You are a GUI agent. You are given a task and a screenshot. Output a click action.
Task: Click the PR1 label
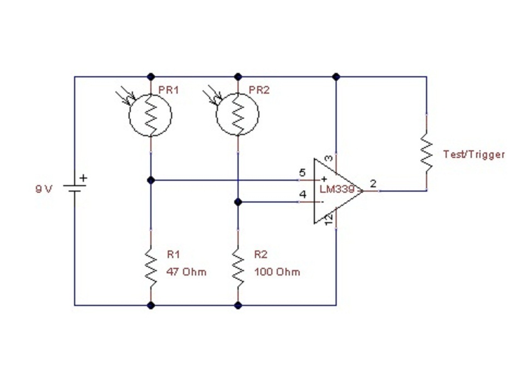(168, 90)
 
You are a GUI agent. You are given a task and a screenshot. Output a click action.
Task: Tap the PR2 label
(259, 90)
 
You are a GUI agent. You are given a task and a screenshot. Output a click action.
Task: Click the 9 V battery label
(44, 189)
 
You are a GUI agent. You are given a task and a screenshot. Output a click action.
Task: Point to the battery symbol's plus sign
(83, 178)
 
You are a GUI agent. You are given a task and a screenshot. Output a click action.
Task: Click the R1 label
(173, 255)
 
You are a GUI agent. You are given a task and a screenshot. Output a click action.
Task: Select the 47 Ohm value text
(186, 272)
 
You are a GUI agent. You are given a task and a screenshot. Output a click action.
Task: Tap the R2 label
(261, 255)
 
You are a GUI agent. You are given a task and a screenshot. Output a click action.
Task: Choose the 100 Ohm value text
(277, 272)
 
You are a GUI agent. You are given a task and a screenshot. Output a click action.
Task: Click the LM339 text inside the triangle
(337, 189)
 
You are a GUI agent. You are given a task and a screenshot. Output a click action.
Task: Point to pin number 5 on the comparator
(302, 173)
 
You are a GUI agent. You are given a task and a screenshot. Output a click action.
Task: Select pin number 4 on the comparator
(302, 194)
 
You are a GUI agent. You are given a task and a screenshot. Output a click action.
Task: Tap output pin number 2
(373, 183)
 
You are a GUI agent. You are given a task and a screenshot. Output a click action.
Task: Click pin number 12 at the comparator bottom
(329, 219)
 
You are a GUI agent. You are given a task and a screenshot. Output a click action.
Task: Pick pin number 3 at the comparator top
(329, 158)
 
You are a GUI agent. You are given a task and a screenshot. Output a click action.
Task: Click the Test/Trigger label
(474, 154)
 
